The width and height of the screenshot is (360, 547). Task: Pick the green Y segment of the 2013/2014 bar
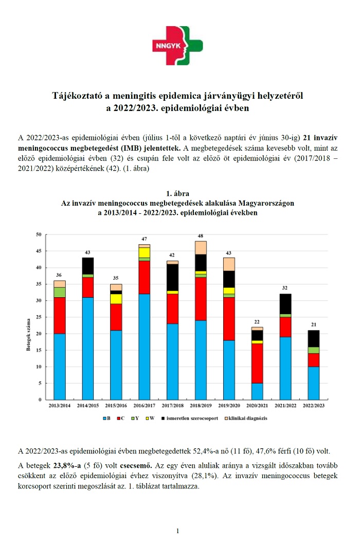(x=60, y=292)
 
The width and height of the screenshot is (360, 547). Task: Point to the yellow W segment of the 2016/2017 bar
(x=144, y=252)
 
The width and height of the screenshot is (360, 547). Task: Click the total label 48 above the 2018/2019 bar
(x=201, y=236)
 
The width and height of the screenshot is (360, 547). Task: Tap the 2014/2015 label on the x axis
(x=88, y=406)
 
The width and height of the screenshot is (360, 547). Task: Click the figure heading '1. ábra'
(x=178, y=194)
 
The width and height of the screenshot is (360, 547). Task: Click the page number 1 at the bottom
(x=177, y=531)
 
